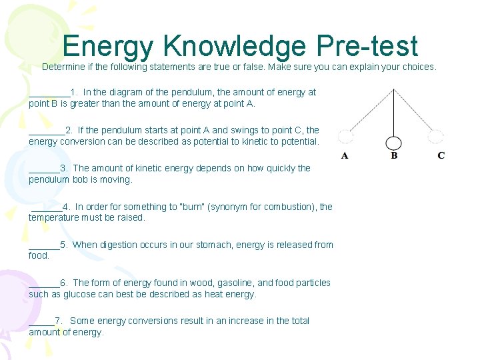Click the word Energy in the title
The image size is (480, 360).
pyautogui.click(x=108, y=47)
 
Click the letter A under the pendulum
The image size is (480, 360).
pyautogui.click(x=345, y=156)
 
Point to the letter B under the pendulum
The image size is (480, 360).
pyautogui.click(x=394, y=156)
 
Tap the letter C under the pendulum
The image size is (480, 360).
pyautogui.click(x=441, y=156)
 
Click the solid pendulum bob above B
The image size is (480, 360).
pyautogui.click(x=394, y=143)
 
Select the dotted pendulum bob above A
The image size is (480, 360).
pyautogui.click(x=345, y=137)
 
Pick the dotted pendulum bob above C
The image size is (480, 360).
pyautogui.click(x=436, y=137)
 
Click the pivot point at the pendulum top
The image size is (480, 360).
pyautogui.click(x=394, y=89)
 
